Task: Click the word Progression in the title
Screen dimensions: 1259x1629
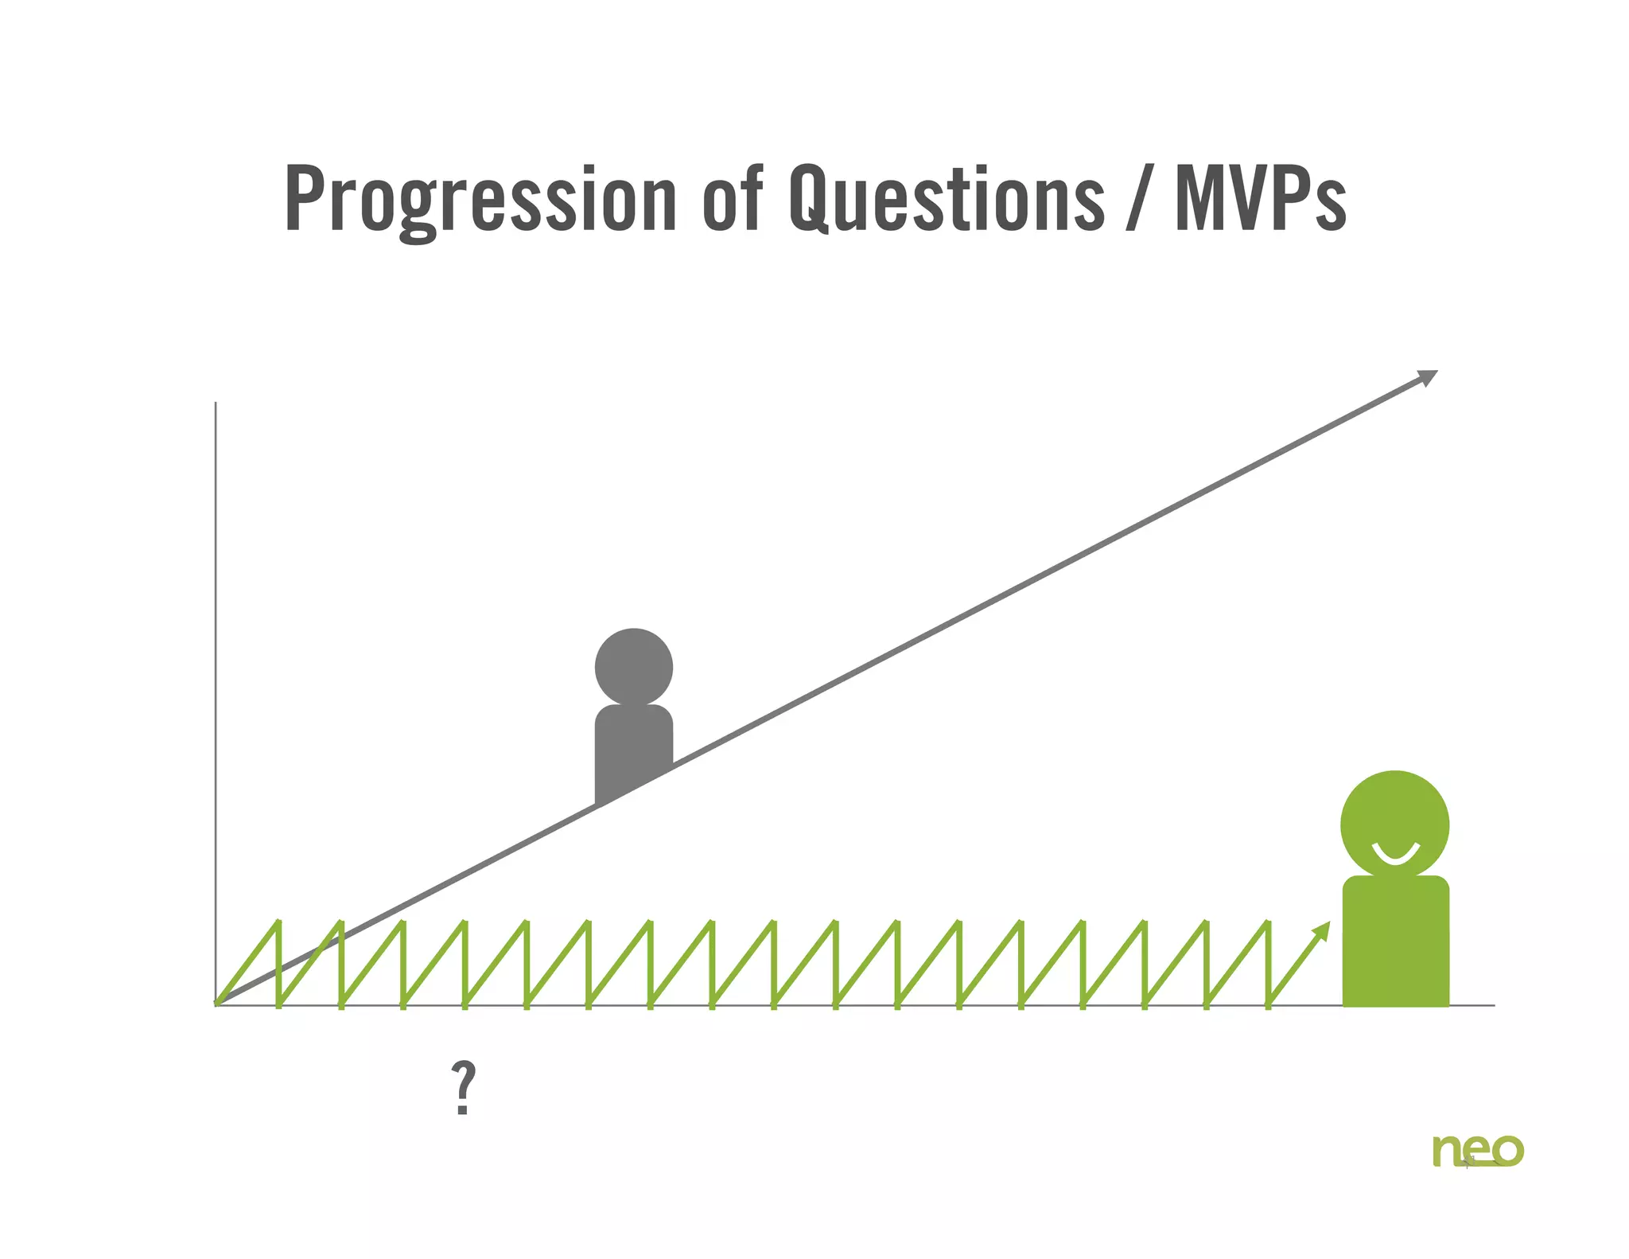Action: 480,199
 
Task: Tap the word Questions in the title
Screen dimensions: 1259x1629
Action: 947,199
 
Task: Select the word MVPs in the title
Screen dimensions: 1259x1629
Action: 1261,199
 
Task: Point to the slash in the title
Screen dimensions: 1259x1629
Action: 1139,199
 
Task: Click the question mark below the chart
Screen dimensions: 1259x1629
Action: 463,1088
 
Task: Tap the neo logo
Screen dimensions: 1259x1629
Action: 1478,1151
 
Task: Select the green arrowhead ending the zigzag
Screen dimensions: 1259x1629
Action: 1322,930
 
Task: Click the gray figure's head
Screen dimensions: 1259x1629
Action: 634,667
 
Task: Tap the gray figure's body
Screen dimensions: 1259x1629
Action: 633,748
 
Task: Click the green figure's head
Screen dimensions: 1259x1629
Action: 1394,824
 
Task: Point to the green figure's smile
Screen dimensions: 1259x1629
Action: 1395,857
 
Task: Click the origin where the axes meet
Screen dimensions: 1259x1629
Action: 216,1005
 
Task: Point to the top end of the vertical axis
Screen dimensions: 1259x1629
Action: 216,403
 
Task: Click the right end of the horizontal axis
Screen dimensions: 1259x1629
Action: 1494,1005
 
